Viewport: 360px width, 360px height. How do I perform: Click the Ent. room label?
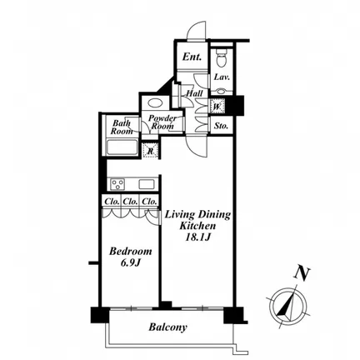[x=192, y=57]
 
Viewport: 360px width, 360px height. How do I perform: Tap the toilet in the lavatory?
[x=222, y=57]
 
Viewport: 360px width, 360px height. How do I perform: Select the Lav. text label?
[x=222, y=77]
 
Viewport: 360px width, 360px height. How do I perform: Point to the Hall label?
[x=194, y=93]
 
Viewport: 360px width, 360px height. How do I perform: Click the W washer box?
[x=217, y=106]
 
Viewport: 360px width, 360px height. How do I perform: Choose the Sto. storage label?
[x=221, y=126]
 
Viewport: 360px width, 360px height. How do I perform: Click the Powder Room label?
[x=162, y=122]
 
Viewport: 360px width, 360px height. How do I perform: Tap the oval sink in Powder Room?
[x=153, y=102]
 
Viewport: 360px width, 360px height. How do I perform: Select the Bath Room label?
[x=122, y=127]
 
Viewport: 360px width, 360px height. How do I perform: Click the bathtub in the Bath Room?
[x=122, y=147]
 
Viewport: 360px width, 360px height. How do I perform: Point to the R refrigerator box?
[x=151, y=152]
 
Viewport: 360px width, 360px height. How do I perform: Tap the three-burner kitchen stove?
[x=117, y=184]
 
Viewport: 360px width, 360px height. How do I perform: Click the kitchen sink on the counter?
[x=147, y=184]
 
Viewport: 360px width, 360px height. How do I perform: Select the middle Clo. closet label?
[x=131, y=202]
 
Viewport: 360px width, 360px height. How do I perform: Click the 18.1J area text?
[x=198, y=237]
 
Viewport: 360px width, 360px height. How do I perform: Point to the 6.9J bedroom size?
[x=130, y=263]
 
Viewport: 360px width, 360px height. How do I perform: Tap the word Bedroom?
[x=130, y=252]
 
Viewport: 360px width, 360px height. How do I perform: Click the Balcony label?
[x=168, y=327]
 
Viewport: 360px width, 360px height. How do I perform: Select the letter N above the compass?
[x=302, y=273]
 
